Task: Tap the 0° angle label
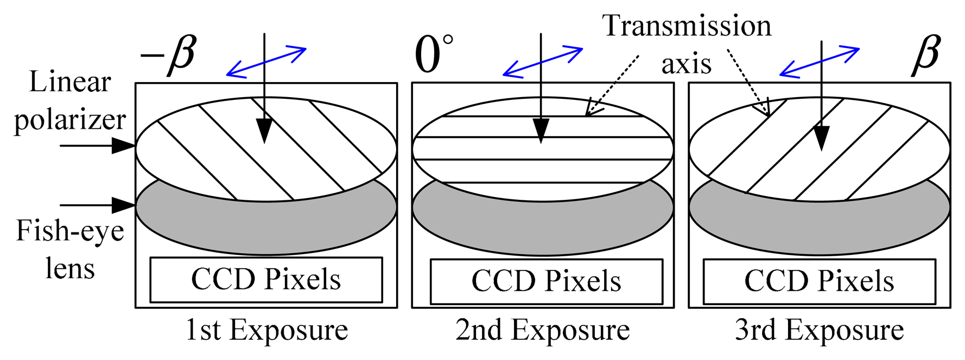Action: [433, 55]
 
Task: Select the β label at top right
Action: [925, 55]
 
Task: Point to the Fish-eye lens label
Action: [70, 249]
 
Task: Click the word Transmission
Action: [687, 26]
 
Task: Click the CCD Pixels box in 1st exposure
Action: [266, 280]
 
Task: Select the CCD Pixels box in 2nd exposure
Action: [546, 281]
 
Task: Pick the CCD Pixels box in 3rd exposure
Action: [819, 281]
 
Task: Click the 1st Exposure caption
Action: [266, 330]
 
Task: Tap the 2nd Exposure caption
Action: [543, 330]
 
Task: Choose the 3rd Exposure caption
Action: [820, 330]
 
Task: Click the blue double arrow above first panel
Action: [266, 61]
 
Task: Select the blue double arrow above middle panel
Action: [543, 61]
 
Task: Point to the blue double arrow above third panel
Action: [819, 61]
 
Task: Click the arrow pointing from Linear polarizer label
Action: [98, 146]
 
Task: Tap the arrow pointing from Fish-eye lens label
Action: [98, 205]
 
